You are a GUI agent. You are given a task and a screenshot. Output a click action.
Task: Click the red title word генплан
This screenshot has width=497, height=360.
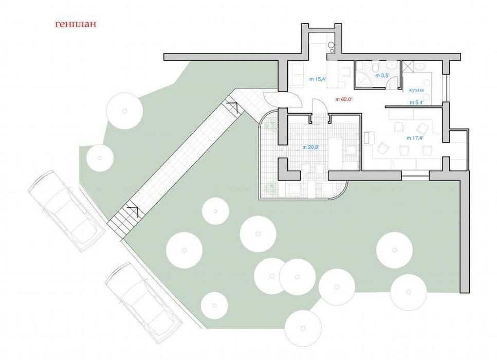76,25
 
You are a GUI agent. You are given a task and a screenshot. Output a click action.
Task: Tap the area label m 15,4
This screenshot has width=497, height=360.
318,79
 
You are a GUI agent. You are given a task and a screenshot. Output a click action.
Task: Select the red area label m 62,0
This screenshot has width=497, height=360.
344,99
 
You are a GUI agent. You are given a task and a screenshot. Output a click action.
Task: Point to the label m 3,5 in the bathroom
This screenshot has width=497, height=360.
382,76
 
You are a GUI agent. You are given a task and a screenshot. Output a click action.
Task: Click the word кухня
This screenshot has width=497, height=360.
416,91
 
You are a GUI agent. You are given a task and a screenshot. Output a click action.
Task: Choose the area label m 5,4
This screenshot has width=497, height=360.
417,102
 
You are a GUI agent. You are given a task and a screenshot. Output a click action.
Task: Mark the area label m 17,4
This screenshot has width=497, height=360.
415,138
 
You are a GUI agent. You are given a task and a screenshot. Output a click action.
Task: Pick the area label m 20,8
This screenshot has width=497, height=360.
310,147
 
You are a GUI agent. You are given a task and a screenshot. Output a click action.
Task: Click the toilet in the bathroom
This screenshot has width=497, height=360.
375,67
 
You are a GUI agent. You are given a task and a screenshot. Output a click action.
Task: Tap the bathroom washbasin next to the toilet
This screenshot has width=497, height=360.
393,66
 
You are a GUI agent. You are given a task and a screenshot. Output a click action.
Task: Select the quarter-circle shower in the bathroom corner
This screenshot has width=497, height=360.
363,78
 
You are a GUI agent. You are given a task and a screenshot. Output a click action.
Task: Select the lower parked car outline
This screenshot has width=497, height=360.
144,302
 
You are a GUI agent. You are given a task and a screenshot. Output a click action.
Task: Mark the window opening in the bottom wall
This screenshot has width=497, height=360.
415,175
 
